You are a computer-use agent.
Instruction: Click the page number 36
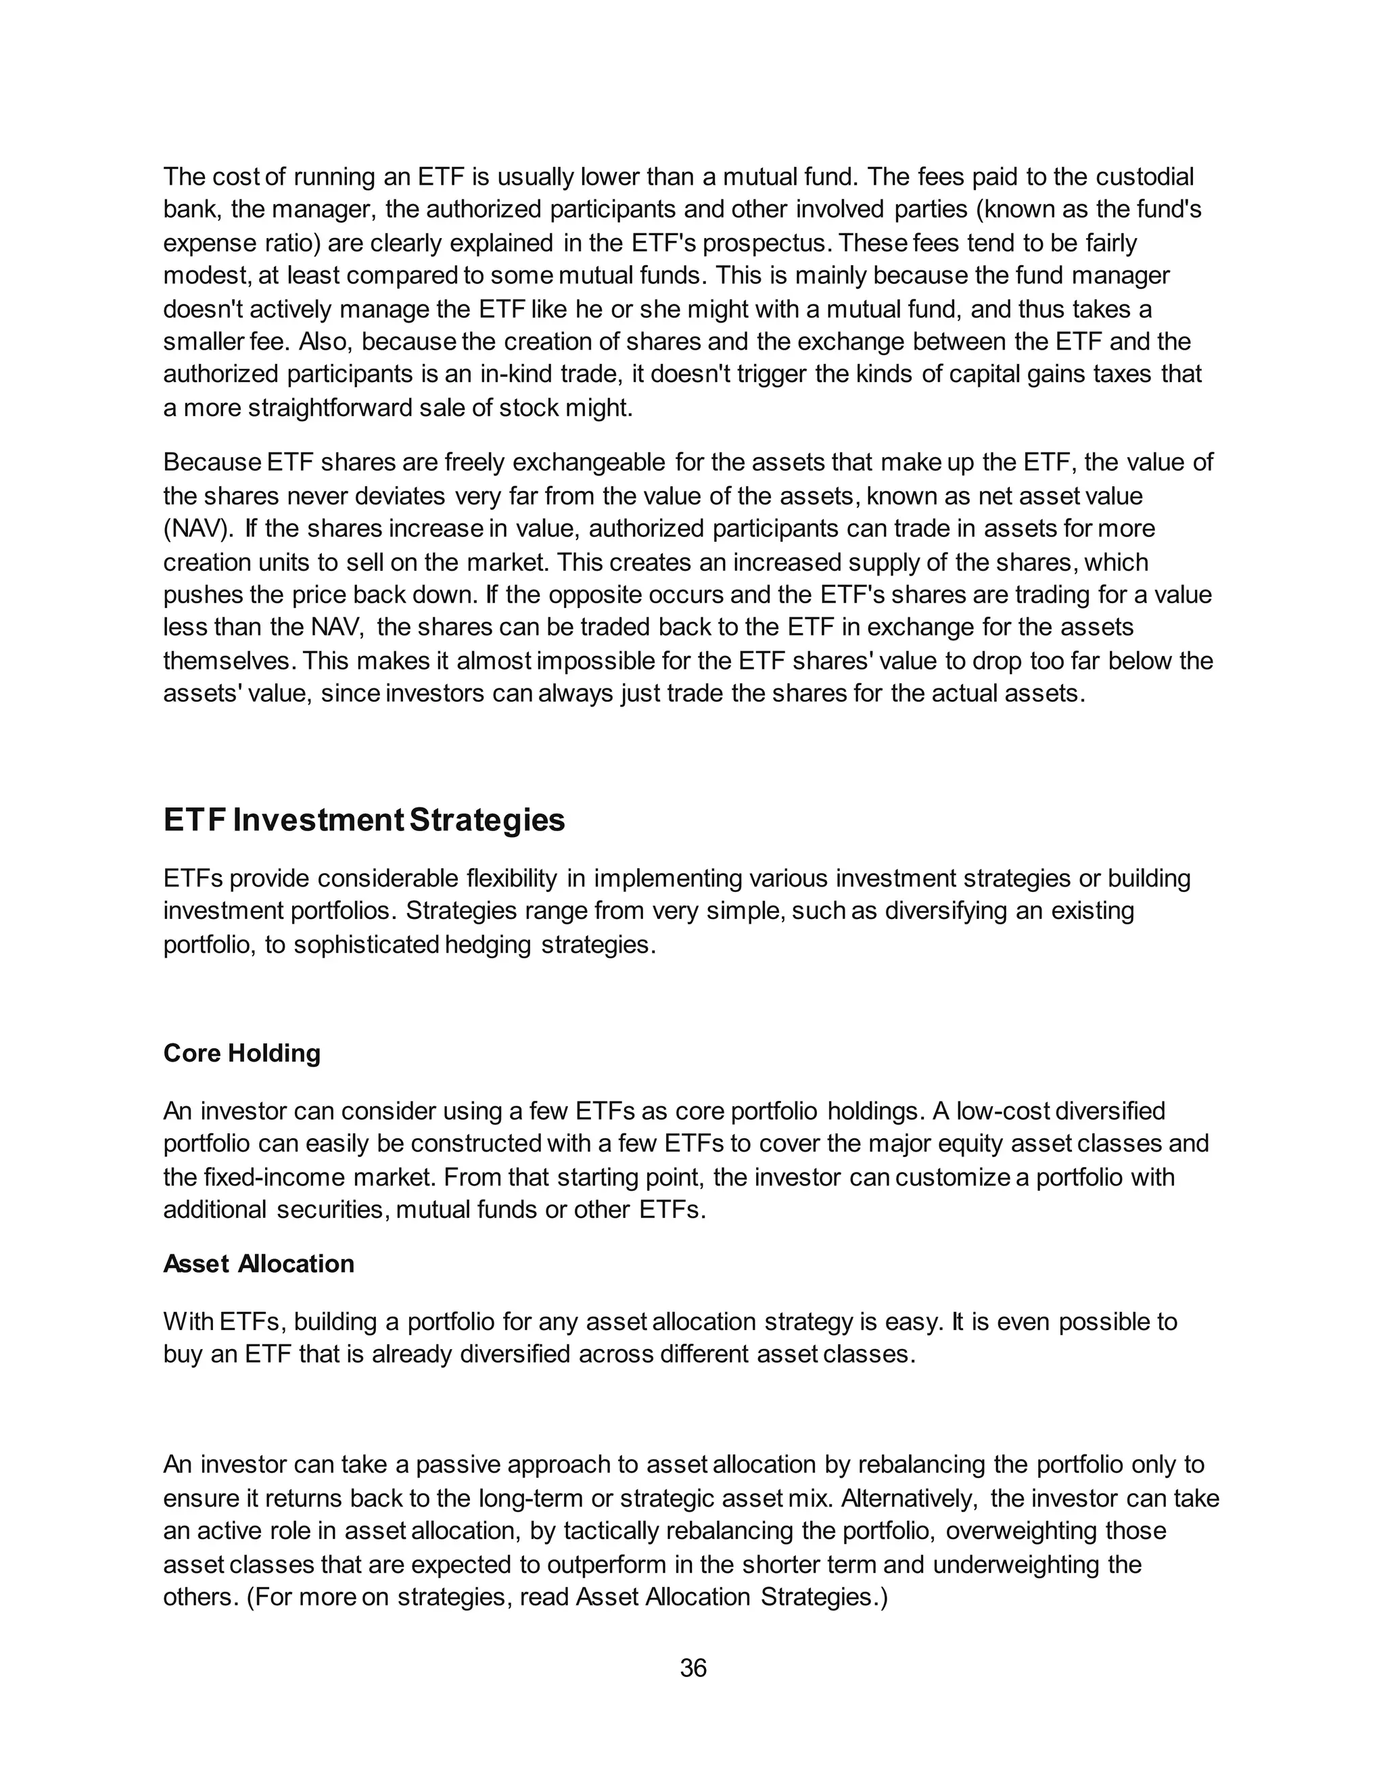pos(692,1668)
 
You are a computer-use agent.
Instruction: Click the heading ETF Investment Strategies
pos(365,820)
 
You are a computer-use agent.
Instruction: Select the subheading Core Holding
pos(242,1053)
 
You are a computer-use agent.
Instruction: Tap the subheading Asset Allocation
pos(258,1264)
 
